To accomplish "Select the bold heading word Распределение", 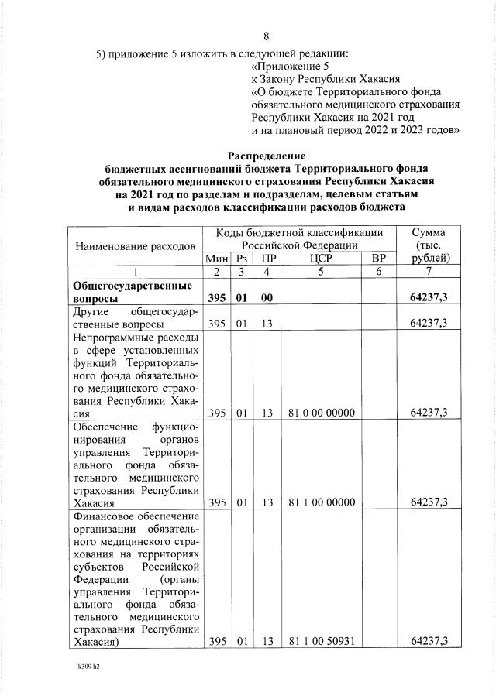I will [266, 156].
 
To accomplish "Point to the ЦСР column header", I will [320, 259].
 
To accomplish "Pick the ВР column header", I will [378, 259].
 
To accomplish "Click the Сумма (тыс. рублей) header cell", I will [428, 245].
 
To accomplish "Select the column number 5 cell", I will [320, 272].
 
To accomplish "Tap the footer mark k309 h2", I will [84, 665].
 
